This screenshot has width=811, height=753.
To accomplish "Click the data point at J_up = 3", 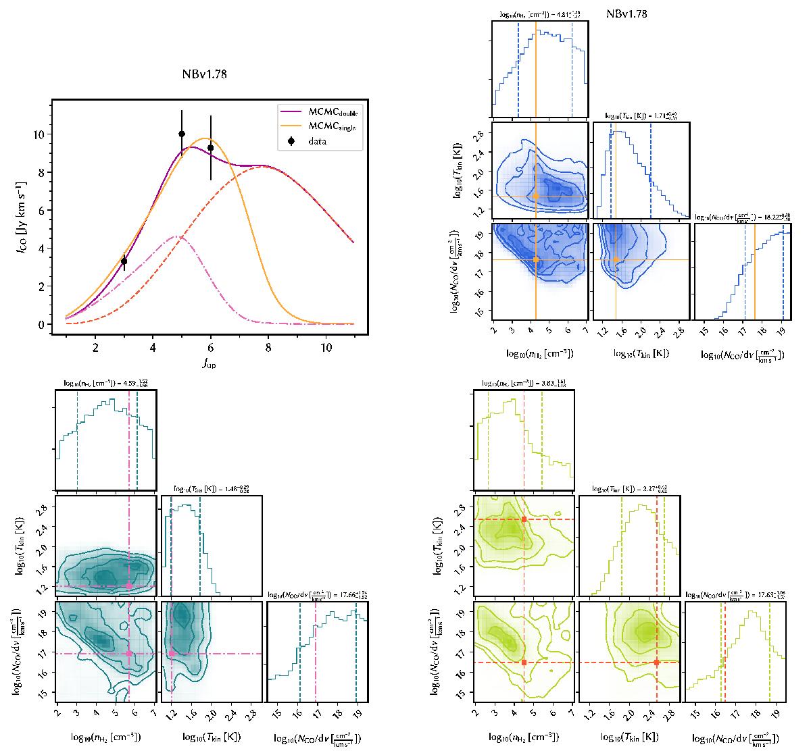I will (x=124, y=261).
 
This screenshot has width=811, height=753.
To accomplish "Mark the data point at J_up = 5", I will (x=182, y=134).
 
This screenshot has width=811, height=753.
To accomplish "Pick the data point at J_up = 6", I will (x=211, y=148).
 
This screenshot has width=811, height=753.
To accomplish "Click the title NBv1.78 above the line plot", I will (x=203, y=75).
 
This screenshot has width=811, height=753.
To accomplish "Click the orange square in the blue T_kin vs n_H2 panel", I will (x=536, y=197).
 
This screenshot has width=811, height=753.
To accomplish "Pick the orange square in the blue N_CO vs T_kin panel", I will (x=616, y=259).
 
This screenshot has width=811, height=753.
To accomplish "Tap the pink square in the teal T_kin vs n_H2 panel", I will (x=129, y=586).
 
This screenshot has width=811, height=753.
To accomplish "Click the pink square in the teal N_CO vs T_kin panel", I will (x=172, y=653).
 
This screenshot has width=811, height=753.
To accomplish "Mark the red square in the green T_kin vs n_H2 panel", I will (x=524, y=519).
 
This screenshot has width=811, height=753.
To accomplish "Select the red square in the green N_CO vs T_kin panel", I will (x=656, y=663).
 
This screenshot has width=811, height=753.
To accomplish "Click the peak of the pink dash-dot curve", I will (x=178, y=236).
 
